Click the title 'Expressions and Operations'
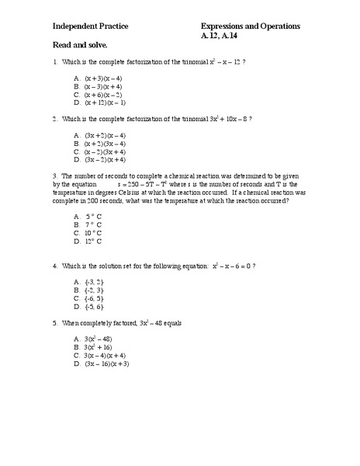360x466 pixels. (x=251, y=26)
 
